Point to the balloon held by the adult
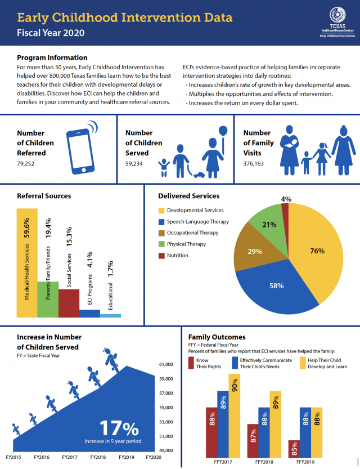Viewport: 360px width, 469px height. pos(223,131)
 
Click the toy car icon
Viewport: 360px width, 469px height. pos(198,175)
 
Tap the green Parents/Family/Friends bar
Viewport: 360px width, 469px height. pos(48,298)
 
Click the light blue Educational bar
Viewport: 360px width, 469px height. pos(110,315)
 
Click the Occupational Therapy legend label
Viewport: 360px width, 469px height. pos(192,233)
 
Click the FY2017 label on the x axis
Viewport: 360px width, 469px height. pos(70,457)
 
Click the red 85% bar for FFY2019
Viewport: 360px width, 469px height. pos(294,449)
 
